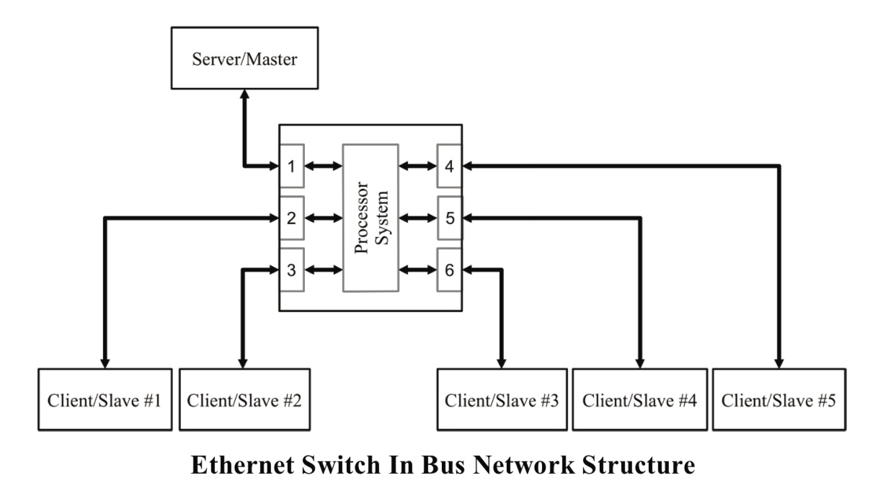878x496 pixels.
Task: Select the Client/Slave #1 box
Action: pos(104,400)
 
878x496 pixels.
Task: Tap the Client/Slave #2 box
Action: pos(244,400)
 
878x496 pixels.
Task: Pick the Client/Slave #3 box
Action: pos(502,400)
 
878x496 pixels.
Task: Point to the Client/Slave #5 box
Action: pos(779,400)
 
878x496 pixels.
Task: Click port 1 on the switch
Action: pos(291,167)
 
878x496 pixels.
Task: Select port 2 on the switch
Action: pos(291,218)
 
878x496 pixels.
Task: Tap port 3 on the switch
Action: pos(291,270)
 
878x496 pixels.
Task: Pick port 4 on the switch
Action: pos(449,167)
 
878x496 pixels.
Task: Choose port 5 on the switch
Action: pos(449,218)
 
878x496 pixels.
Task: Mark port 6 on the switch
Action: pos(449,270)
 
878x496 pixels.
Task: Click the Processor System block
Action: pos(371,218)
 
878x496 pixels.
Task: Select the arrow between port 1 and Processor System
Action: pos(324,167)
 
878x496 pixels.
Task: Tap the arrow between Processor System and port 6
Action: pos(417,270)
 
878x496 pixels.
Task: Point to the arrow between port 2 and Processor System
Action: pos(324,218)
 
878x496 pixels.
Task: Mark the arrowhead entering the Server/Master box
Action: pos(244,94)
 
